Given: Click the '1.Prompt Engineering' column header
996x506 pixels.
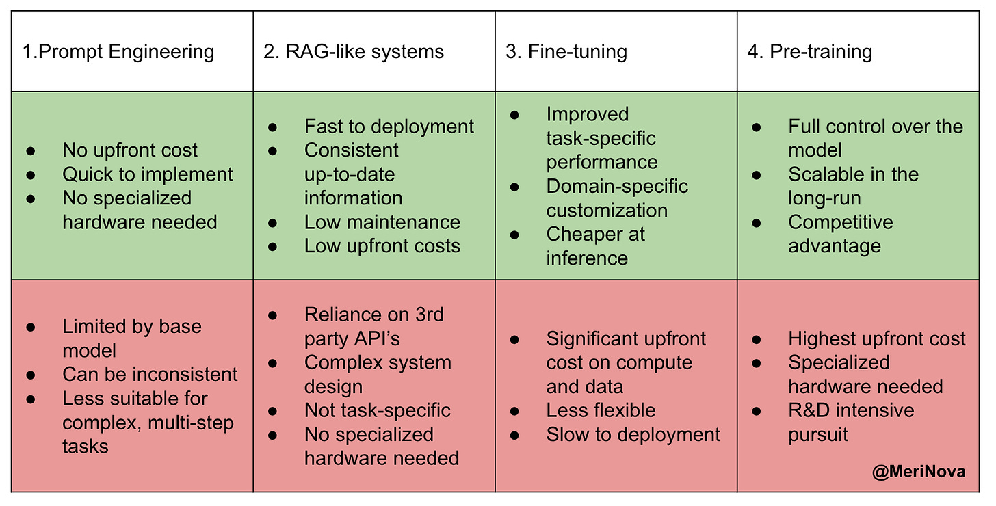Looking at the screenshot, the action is [x=118, y=52].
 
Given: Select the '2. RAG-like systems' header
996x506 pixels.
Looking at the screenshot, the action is [x=354, y=52].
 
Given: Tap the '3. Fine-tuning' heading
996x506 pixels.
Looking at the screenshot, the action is [x=566, y=52].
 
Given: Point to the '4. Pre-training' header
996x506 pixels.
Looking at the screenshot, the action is [x=810, y=52].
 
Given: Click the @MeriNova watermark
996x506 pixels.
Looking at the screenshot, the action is [x=919, y=472].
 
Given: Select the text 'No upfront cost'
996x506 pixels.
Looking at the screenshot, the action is [x=130, y=150].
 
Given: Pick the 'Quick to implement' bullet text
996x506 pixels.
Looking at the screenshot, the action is [x=148, y=174].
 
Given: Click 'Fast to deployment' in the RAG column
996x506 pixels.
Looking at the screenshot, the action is [x=389, y=126].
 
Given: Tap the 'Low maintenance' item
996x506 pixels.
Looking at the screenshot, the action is [x=382, y=222].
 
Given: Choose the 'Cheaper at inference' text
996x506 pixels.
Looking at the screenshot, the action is [x=595, y=245].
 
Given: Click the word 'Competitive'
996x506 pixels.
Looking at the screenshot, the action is [x=841, y=222].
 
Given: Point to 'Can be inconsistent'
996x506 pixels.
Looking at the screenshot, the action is [x=150, y=374].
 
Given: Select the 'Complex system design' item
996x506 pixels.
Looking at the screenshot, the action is [x=378, y=374].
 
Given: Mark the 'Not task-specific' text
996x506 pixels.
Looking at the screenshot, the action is [x=378, y=410].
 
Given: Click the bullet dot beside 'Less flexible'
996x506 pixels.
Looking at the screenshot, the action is [x=515, y=411].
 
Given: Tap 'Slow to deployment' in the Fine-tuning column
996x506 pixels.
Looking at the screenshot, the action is [x=633, y=434].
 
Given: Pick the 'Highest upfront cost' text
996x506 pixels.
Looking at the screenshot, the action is [x=877, y=338].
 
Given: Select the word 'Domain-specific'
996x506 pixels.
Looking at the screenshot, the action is [x=617, y=186].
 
